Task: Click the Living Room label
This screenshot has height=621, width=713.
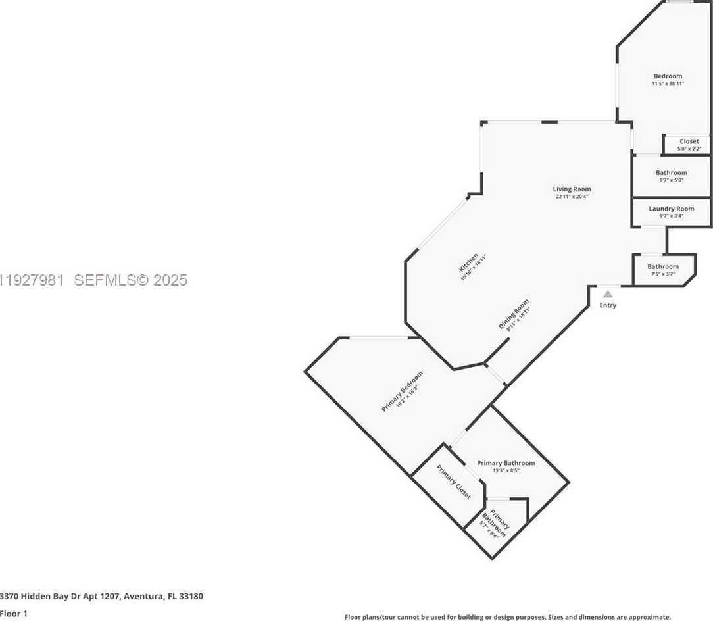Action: click(x=572, y=189)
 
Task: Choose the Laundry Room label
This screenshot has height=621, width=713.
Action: click(x=671, y=209)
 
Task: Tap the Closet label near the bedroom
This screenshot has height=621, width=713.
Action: click(x=689, y=141)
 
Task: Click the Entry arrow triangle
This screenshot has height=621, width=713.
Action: click(x=608, y=294)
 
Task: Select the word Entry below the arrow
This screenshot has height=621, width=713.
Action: click(x=608, y=305)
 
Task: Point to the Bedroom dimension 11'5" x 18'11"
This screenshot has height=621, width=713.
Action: click(x=668, y=84)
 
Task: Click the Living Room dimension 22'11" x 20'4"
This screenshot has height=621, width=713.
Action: click(x=572, y=197)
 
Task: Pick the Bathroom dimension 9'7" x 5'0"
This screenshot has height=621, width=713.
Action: click(x=671, y=180)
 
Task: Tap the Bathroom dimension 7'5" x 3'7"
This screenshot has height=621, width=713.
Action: click(x=663, y=274)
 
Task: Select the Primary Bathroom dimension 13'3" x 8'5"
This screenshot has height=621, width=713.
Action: click(x=506, y=470)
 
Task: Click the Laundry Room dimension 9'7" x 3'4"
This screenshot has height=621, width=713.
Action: click(x=671, y=216)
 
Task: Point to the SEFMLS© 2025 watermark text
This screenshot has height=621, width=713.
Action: click(x=131, y=280)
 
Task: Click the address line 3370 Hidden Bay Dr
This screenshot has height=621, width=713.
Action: click(x=101, y=597)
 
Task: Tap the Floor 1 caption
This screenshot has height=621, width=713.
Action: click(x=13, y=614)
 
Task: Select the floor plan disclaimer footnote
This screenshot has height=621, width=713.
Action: click(x=507, y=617)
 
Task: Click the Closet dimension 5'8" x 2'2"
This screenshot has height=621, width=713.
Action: click(x=689, y=149)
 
